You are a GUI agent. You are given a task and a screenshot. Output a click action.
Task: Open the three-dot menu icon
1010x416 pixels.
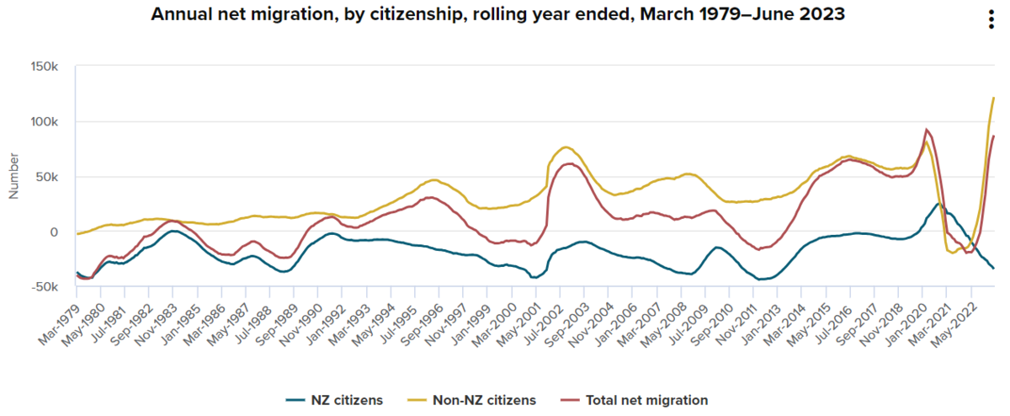pos(991,22)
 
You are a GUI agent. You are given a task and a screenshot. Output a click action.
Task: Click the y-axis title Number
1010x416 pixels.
pos(13,176)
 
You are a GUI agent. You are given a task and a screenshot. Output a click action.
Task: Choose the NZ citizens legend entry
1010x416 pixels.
pos(334,400)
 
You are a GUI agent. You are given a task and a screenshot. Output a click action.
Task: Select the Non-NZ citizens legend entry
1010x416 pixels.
pos(476,400)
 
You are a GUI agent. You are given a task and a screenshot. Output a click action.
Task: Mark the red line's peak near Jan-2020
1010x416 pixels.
pos(926,130)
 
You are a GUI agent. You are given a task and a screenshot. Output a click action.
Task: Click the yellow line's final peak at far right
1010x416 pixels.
pos(994,99)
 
